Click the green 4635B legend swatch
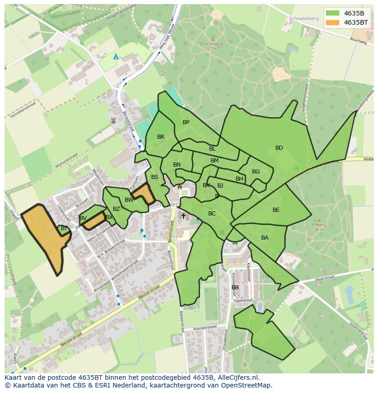pos(333,13)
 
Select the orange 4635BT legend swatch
pos(333,22)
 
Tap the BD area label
pos(279,148)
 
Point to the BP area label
pos(186,122)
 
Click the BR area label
pos(161,137)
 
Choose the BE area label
pos(276,210)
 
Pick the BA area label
pos(265,238)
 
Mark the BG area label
pos(256,172)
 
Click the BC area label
pos(212,214)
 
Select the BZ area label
pos(116,209)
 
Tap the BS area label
pos(155,177)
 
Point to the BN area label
pos(177,165)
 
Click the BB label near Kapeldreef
pos(235,288)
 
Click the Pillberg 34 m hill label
pos(319,227)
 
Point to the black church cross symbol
pos(184,216)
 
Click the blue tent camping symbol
pos(116,57)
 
